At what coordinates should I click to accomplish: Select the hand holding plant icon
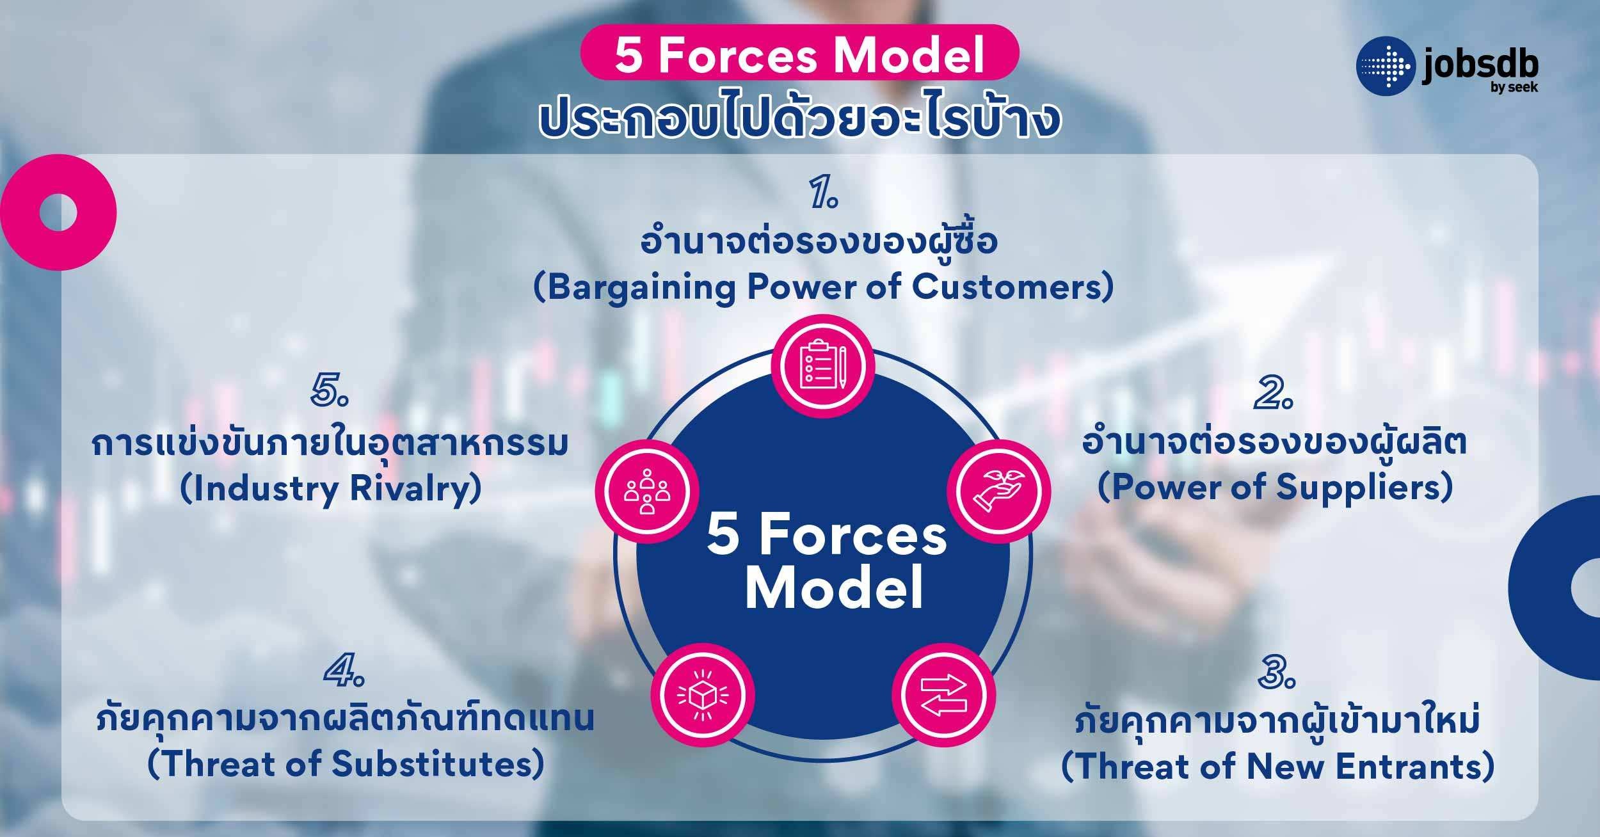coord(998,491)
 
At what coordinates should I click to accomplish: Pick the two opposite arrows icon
coord(944,695)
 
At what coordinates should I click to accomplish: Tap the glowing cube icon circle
coord(703,695)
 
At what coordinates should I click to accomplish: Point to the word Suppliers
coord(1354,488)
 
